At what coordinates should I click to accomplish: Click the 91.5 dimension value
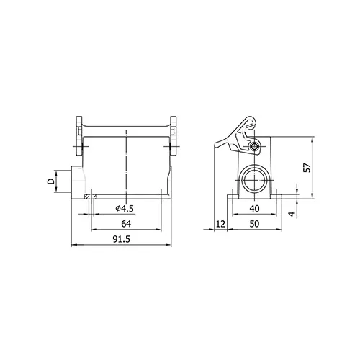tap(122, 239)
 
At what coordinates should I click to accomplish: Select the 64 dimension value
tap(126, 224)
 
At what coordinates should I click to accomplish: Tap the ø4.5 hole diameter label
tap(125, 209)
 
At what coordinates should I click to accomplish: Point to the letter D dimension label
tap(50, 181)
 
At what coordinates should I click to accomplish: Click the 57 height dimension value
tap(307, 168)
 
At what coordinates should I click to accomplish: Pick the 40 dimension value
tap(254, 209)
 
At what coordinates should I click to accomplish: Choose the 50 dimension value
tap(254, 224)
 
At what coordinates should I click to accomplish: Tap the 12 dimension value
tap(221, 224)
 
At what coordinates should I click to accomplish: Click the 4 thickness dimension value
tap(292, 214)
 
